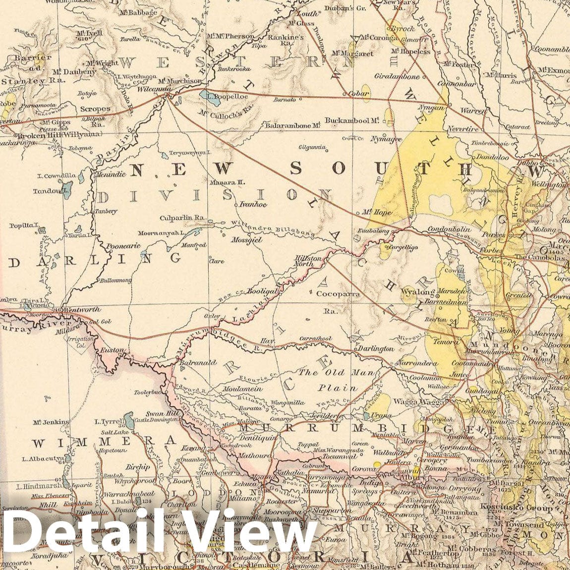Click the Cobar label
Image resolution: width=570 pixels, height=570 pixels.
coord(358,93)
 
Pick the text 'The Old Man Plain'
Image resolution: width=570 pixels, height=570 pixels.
coord(336,380)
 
